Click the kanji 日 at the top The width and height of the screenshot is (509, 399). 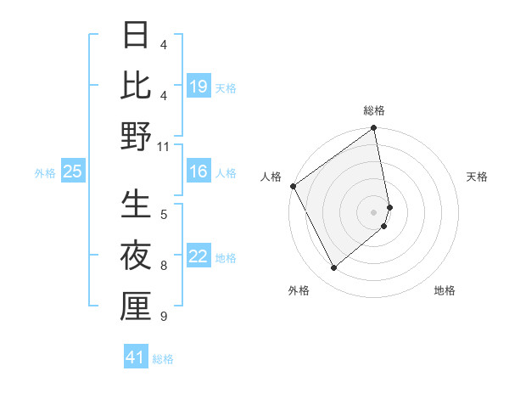click(136, 37)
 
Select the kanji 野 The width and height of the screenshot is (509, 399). click(136, 135)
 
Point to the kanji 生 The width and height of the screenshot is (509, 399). click(136, 205)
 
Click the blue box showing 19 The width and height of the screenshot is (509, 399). click(199, 87)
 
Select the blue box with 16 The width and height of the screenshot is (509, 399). click(199, 172)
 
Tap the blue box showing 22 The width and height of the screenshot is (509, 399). click(199, 257)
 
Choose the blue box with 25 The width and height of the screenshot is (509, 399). click(73, 172)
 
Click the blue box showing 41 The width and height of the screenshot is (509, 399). click(136, 358)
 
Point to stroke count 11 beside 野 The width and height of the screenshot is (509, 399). click(163, 146)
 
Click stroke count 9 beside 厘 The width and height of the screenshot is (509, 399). click(163, 317)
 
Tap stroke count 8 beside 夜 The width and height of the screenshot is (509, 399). click(163, 266)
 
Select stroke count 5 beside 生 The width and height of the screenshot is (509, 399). click(163, 215)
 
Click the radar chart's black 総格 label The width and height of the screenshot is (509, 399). click(373, 110)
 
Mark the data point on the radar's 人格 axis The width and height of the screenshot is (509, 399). click(294, 186)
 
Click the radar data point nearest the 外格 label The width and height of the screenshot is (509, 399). click(333, 268)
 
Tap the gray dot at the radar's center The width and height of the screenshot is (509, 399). click(373, 211)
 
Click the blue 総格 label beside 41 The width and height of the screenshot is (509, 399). click(163, 359)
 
